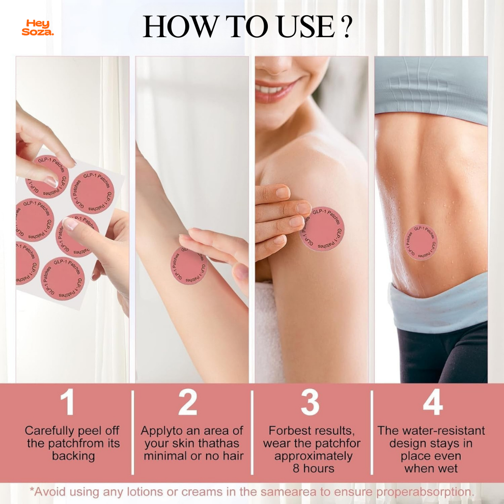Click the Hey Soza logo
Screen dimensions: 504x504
tap(38, 27)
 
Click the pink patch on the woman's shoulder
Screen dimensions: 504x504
tap(322, 229)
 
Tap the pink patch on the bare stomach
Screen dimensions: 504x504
tap(421, 242)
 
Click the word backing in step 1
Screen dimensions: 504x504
tap(73, 456)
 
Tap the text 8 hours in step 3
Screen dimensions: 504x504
tap(313, 468)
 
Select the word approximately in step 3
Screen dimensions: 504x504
tap(313, 456)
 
